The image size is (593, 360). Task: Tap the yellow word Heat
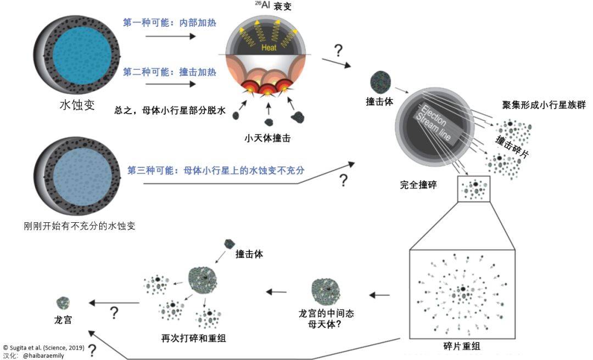point(268,48)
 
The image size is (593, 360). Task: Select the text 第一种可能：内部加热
point(169,23)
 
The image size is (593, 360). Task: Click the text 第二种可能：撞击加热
point(169,72)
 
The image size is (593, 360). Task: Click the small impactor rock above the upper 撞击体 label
point(380,80)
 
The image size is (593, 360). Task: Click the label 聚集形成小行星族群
point(544,104)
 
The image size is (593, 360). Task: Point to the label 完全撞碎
point(418,185)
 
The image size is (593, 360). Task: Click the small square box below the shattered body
point(473,189)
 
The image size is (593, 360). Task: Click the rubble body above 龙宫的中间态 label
point(326,291)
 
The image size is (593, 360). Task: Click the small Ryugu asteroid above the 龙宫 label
point(64,303)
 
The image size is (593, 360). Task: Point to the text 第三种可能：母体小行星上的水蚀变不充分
point(216,170)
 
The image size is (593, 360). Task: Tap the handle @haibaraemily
point(43,356)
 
